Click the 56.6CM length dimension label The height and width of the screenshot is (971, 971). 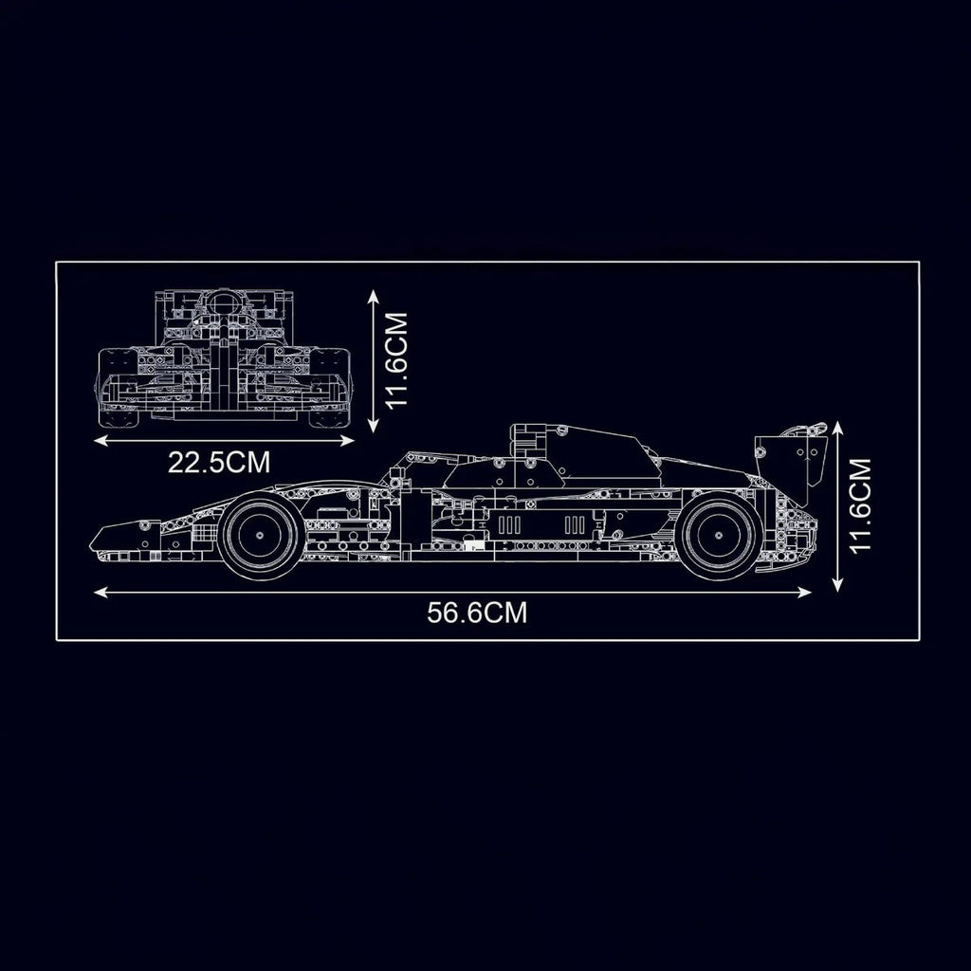[x=477, y=613]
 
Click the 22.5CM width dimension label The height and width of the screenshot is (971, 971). [x=219, y=462]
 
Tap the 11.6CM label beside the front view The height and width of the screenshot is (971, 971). [x=396, y=359]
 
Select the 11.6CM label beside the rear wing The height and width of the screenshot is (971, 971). [x=860, y=505]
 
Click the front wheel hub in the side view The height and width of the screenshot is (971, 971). [x=260, y=536]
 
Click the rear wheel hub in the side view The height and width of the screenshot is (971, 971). [x=719, y=536]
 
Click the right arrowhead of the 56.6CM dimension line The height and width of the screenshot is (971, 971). [x=804, y=593]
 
